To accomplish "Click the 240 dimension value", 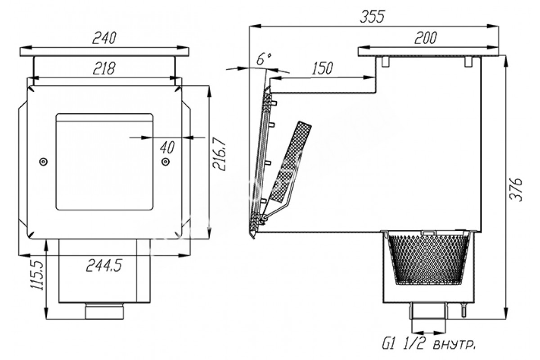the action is coord(104,38).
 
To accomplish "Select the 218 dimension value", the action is coord(104,68).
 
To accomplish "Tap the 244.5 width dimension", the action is coord(104,265).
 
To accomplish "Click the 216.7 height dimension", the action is coord(219,154).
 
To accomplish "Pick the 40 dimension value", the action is coord(167,147).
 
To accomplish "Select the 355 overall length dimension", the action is coord(373,17).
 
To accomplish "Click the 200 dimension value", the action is coord(426,38).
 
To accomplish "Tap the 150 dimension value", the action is coord(322,68).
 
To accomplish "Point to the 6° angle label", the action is coord(264,58).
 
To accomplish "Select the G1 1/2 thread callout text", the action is coord(429,344).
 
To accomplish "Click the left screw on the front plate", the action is coord(43,162).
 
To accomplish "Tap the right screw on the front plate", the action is coord(166,162).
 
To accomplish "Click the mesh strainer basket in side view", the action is coord(428,259).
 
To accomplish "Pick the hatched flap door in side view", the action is coord(291,162).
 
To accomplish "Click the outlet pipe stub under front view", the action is coord(104,311).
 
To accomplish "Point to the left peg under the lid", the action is coord(386,62).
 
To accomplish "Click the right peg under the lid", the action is coord(468,62).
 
